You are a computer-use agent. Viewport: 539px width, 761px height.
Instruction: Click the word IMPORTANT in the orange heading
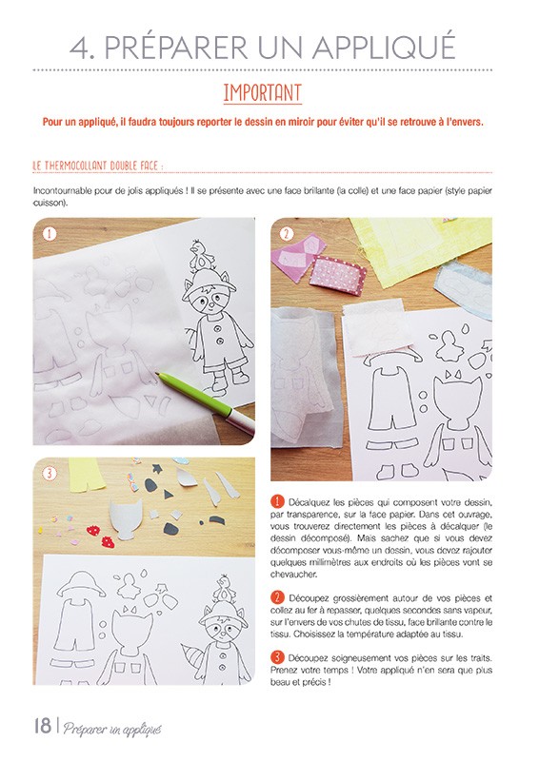262,93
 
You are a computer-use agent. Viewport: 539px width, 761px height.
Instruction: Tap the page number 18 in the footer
42,728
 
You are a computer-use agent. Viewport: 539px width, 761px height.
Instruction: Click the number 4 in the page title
83,48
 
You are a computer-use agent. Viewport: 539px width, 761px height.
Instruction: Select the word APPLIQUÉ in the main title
377,48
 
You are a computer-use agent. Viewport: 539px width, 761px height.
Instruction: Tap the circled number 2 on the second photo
286,234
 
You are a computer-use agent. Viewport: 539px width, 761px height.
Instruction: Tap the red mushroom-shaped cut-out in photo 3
93,530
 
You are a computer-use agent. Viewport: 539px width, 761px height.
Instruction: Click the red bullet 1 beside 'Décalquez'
278,501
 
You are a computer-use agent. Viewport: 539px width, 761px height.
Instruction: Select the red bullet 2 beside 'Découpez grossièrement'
278,595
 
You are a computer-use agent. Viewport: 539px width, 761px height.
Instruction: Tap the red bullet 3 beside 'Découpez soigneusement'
278,656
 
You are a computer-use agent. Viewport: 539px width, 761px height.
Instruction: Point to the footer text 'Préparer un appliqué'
112,730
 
